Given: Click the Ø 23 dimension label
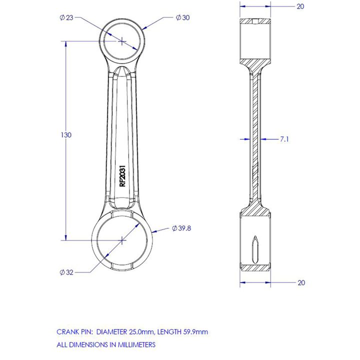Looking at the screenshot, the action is pyautogui.click(x=66, y=17).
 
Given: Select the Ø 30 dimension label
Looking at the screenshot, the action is pyautogui.click(x=183, y=17).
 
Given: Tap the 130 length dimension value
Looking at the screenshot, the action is pyautogui.click(x=66, y=135).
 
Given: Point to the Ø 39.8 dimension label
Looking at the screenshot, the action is pyautogui.click(x=181, y=228).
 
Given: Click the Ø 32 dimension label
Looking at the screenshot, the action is pyautogui.click(x=66, y=272).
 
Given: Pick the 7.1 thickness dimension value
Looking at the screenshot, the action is pyautogui.click(x=284, y=139).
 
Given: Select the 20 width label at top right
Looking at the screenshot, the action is pyautogui.click(x=300, y=6).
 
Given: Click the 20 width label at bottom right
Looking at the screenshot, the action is pyautogui.click(x=301, y=282).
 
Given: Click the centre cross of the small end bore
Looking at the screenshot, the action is pyautogui.click(x=122, y=41).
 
